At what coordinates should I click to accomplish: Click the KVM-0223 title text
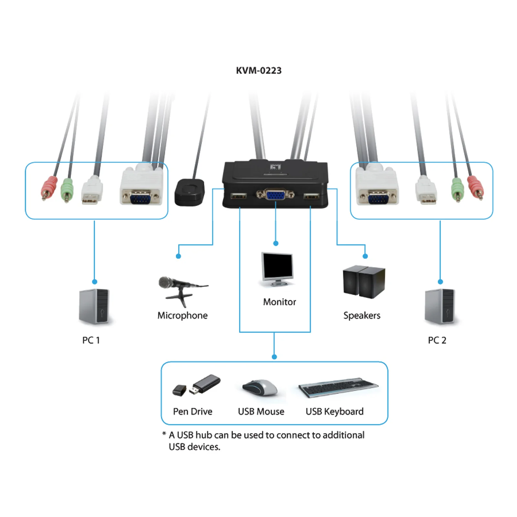click(x=258, y=70)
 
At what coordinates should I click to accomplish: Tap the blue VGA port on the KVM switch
click(x=275, y=195)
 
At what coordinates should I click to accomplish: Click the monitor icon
click(x=277, y=269)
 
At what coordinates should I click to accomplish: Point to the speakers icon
click(x=364, y=281)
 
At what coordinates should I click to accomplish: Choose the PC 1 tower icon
click(x=94, y=306)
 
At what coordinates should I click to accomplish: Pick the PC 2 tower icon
click(x=440, y=306)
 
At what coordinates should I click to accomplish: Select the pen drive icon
click(x=196, y=385)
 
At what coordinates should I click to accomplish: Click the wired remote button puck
click(x=190, y=192)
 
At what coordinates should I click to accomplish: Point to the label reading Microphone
click(x=183, y=315)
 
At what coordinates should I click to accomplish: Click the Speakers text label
click(x=362, y=315)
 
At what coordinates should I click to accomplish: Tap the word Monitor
click(x=280, y=302)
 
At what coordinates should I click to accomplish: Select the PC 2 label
click(x=437, y=340)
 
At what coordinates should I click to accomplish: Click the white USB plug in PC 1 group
click(x=92, y=191)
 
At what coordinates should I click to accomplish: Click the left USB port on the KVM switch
click(x=238, y=196)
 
